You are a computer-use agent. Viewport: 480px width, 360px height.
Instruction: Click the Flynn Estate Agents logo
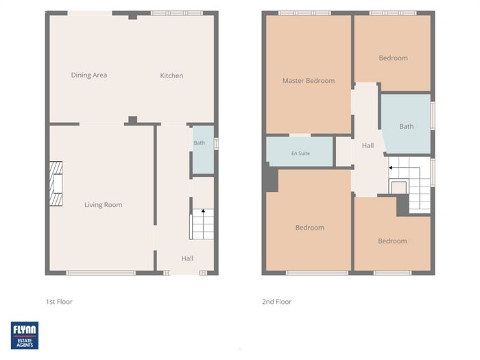[25, 335]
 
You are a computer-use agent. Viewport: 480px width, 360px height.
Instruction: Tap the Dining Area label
[89, 75]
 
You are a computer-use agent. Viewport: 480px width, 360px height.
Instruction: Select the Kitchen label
[171, 75]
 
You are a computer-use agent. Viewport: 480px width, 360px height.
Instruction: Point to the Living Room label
[104, 205]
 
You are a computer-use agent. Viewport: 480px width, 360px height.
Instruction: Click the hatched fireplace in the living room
[56, 184]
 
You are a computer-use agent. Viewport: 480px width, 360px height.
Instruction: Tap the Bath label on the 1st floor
[200, 143]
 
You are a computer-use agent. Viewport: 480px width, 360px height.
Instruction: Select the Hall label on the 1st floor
[187, 259]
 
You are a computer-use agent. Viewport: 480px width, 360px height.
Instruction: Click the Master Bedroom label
[309, 81]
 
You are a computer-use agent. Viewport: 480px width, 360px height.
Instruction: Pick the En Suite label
[300, 153]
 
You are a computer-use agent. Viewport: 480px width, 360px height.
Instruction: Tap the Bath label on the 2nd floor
[407, 126]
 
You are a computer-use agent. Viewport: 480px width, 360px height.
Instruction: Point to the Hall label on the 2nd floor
[368, 145]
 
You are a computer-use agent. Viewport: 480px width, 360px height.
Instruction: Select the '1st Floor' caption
[60, 302]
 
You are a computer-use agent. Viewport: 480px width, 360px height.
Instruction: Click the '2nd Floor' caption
[277, 302]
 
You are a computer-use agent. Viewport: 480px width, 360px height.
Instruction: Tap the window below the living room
[101, 273]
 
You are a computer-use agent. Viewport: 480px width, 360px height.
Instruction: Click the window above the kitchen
[177, 13]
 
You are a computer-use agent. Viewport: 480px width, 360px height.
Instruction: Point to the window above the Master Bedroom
[304, 13]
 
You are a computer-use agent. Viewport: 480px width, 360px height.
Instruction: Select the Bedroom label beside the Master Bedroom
[394, 58]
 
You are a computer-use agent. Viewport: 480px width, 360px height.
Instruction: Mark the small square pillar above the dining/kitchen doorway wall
[132, 16]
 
